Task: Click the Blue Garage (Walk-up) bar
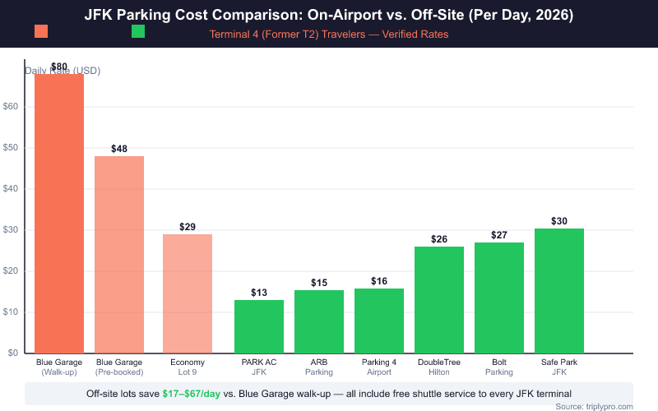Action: [59, 214]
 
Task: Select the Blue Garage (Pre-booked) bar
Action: [119, 255]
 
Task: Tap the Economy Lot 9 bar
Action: [188, 293]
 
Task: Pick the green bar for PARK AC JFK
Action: [259, 326]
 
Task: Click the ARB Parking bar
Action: [319, 321]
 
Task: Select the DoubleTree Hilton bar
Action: [439, 300]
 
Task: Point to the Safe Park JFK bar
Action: [559, 291]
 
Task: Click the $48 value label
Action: [119, 149]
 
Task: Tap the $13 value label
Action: [259, 293]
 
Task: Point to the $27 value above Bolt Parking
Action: [499, 235]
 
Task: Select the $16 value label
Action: [379, 281]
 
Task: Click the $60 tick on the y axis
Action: [11, 107]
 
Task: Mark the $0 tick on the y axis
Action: [13, 353]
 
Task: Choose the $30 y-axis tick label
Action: [11, 230]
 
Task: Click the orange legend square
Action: [41, 31]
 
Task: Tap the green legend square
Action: [138, 31]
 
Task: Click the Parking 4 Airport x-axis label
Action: [379, 367]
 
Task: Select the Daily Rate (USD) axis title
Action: [63, 71]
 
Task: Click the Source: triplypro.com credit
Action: [594, 406]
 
